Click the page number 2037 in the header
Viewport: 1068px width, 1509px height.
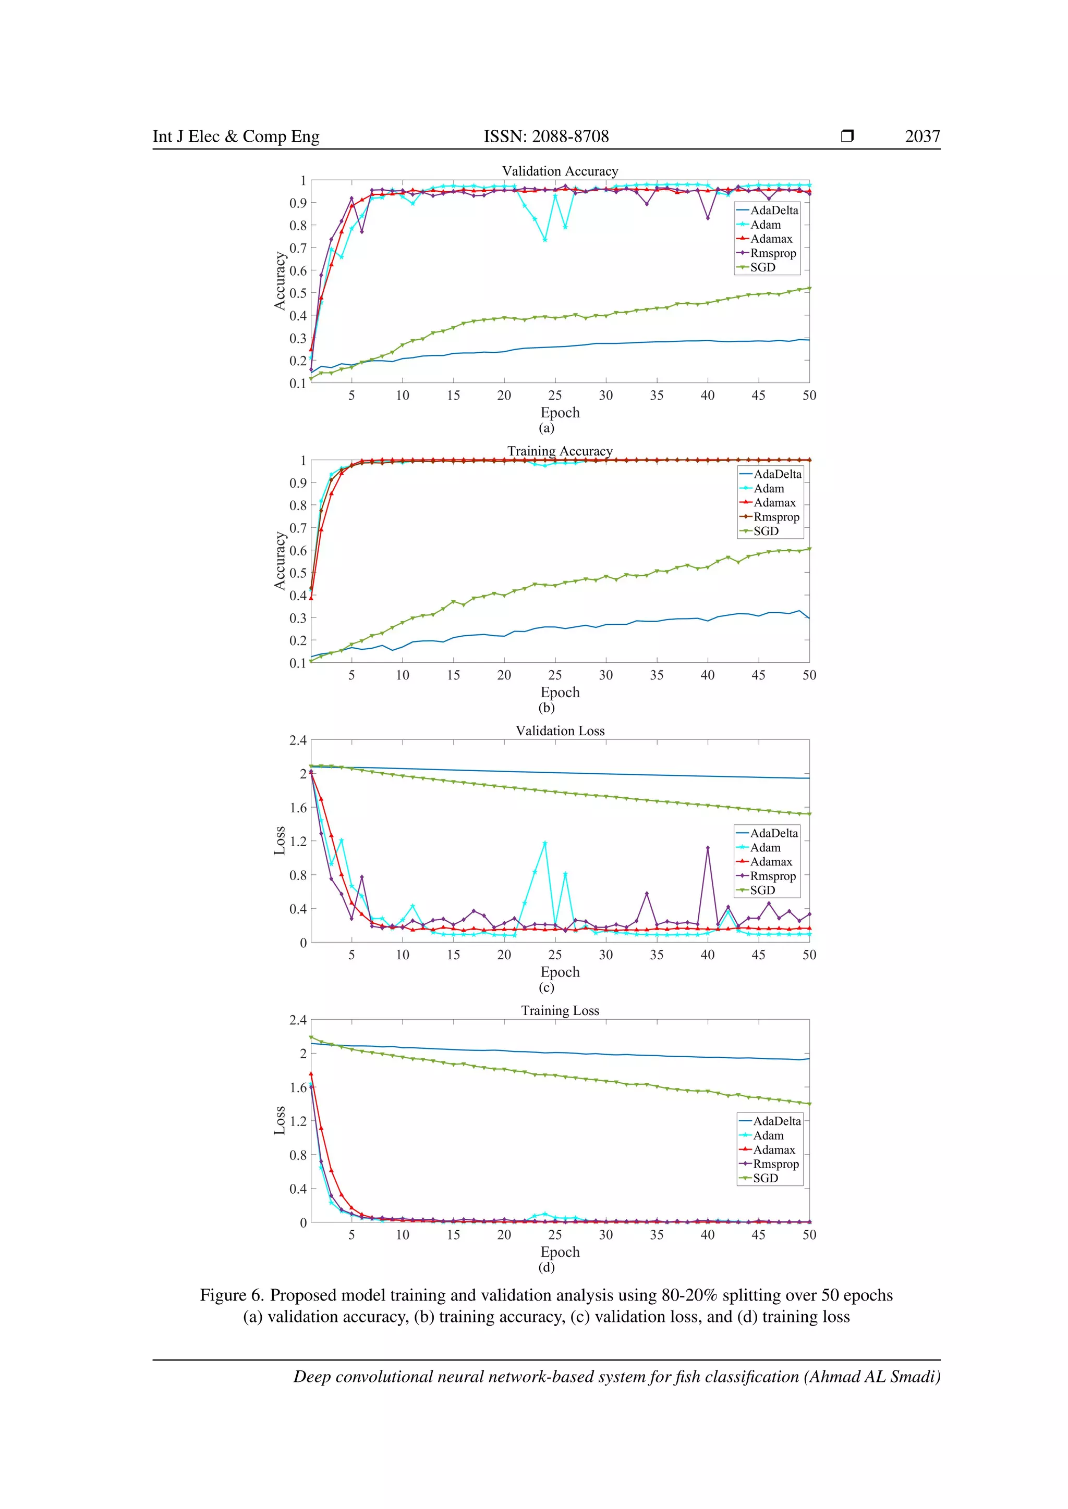pyautogui.click(x=922, y=136)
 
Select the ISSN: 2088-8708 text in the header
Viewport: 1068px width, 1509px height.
pyautogui.click(x=546, y=136)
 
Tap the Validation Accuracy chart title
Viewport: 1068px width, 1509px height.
pyautogui.click(x=560, y=171)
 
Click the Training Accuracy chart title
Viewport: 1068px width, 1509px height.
pyautogui.click(x=560, y=451)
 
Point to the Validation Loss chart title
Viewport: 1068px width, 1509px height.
pyautogui.click(x=560, y=731)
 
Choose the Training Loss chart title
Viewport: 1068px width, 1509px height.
pyautogui.click(x=560, y=1010)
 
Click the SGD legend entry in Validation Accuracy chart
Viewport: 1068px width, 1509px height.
pyautogui.click(x=763, y=267)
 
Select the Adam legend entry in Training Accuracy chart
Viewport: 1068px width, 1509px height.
pyautogui.click(x=769, y=488)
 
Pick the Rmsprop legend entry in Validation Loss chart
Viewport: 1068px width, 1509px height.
pyautogui.click(x=773, y=876)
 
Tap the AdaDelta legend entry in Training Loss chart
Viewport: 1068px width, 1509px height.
pyautogui.click(x=776, y=1121)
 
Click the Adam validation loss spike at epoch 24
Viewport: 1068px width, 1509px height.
pyautogui.click(x=544, y=843)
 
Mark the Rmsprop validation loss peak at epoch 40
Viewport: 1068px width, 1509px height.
pyautogui.click(x=708, y=848)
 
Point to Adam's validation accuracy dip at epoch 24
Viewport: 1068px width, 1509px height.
pyautogui.click(x=544, y=240)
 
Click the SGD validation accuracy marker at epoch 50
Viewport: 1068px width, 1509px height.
pyautogui.click(x=809, y=288)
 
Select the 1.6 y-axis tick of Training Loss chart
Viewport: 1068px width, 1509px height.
pyautogui.click(x=298, y=1087)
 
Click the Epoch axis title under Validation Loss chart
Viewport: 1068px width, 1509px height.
pyautogui.click(x=560, y=972)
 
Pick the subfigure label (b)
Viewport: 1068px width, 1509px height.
pyautogui.click(x=547, y=708)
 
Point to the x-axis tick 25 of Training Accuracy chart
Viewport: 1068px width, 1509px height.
pyautogui.click(x=555, y=675)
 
